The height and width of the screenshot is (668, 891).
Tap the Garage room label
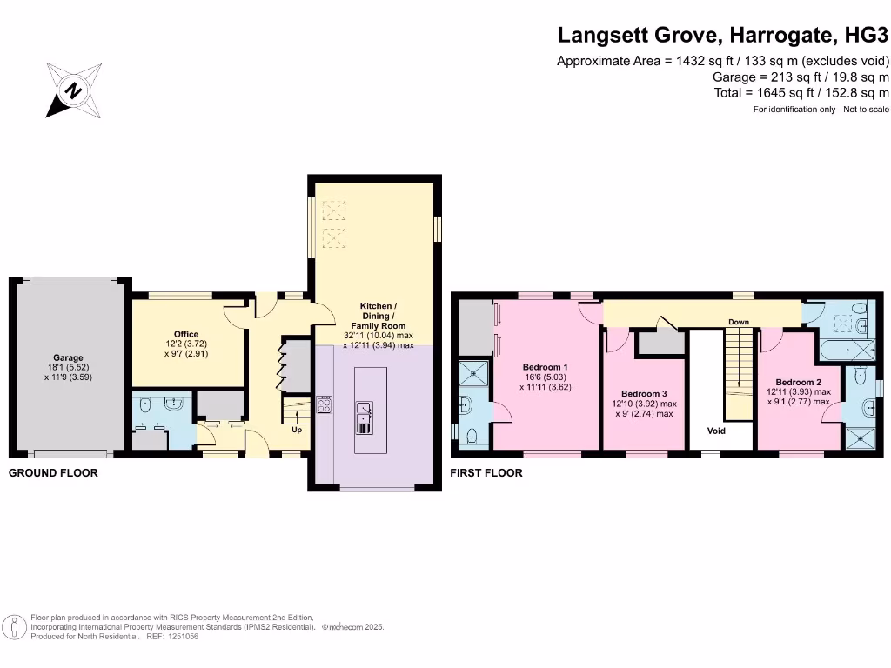tap(68, 357)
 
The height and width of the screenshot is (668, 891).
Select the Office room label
tap(186, 335)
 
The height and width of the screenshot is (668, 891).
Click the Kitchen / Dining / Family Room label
tap(378, 316)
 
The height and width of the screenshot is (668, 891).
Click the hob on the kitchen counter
tap(324, 404)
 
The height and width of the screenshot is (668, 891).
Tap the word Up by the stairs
tap(297, 430)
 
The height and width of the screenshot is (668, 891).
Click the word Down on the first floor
tap(739, 322)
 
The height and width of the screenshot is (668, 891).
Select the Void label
tap(716, 431)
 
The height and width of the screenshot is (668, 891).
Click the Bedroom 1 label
tap(545, 367)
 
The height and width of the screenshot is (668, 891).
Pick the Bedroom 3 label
tap(644, 394)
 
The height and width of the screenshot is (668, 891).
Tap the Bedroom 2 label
tap(799, 383)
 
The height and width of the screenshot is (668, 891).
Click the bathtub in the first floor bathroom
tap(847, 350)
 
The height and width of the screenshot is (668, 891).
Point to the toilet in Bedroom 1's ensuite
tap(472, 437)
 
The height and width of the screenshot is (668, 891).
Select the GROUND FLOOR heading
tap(53, 472)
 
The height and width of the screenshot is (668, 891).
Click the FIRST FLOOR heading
tap(486, 472)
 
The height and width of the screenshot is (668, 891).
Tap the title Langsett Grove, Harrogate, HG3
tap(723, 35)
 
